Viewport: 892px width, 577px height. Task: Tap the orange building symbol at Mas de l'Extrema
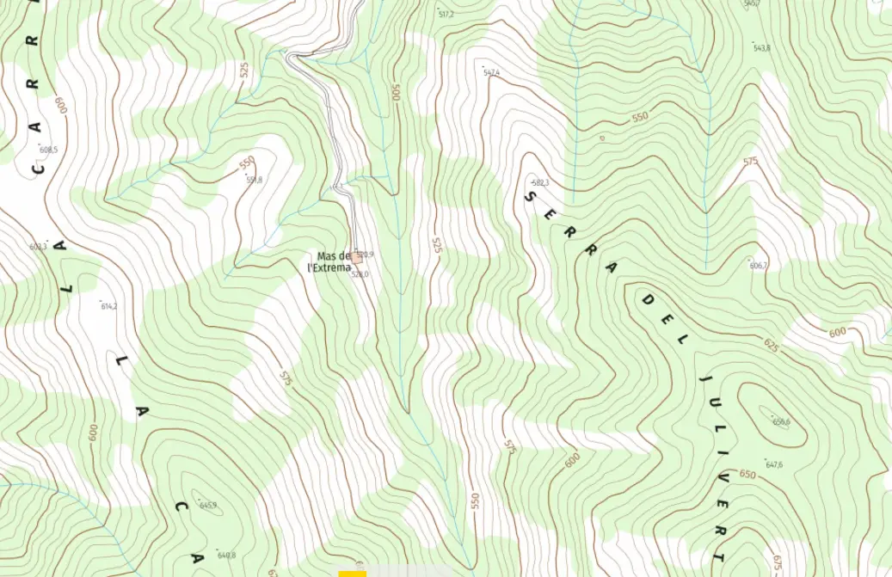[x=355, y=257]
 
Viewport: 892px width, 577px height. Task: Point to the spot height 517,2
[x=446, y=15]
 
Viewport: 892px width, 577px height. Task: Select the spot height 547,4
[x=491, y=73]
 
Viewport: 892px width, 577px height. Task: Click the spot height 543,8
[x=761, y=48]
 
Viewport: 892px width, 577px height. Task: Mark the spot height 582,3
[x=540, y=183]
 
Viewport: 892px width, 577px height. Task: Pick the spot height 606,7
[x=757, y=265]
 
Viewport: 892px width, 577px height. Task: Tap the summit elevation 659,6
[x=780, y=421]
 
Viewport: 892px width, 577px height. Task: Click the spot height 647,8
[x=774, y=465]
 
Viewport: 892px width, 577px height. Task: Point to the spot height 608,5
[x=48, y=150]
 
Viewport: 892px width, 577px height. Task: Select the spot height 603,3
[x=39, y=247]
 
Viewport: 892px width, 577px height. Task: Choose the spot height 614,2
[x=108, y=306]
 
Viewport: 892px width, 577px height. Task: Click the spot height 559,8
[x=254, y=180]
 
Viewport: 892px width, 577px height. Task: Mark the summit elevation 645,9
[x=207, y=505]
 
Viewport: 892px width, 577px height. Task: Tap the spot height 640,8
[x=226, y=555]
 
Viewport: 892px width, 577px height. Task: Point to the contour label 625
[x=771, y=346]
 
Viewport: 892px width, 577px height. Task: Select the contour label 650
[x=747, y=475]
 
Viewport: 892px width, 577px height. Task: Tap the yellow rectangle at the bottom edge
[x=352, y=573]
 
